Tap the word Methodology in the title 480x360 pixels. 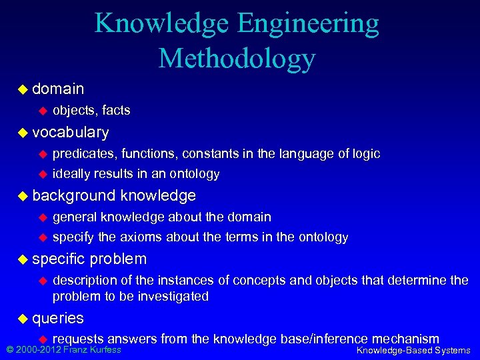click(x=237, y=58)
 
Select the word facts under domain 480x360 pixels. click(x=116, y=110)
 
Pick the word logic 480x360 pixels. click(x=365, y=154)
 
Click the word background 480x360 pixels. click(x=73, y=196)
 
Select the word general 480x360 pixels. click(x=75, y=217)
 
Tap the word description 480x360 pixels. click(x=87, y=280)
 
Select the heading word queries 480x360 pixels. click(x=58, y=318)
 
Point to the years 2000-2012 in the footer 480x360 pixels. click(x=39, y=350)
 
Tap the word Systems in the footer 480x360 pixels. click(x=452, y=351)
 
